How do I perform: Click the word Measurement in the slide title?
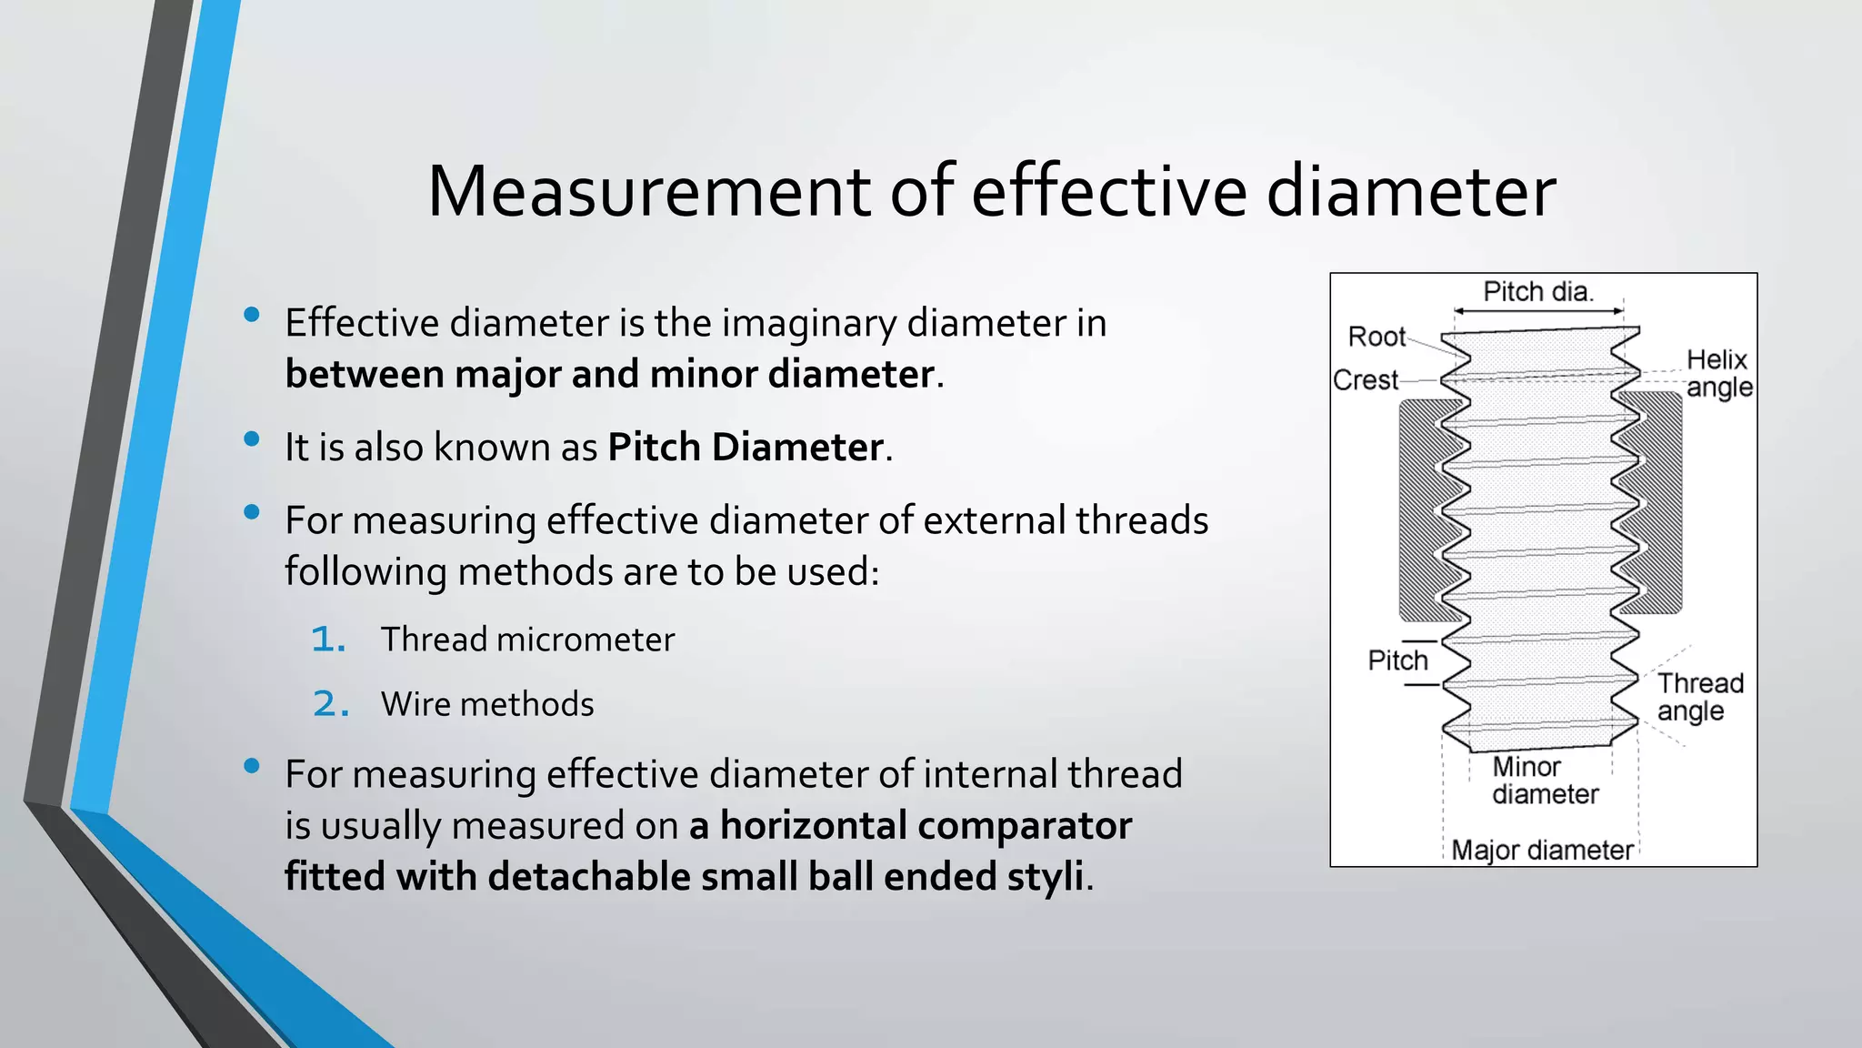coord(649,192)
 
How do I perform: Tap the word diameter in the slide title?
coord(1411,192)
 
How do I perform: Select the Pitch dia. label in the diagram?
coord(1538,292)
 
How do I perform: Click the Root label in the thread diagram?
coord(1376,337)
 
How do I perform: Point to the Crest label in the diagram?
coord(1366,380)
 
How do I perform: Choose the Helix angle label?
coord(1718,373)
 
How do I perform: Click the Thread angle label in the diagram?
coord(1699,697)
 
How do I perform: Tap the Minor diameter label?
coord(1545,781)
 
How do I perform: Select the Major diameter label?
coord(1542,851)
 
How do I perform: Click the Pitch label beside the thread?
coord(1397,660)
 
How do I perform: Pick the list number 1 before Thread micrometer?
coord(328,640)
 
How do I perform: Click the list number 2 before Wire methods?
coord(330,704)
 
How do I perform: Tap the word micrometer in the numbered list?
coord(586,640)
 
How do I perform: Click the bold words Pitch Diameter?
coord(746,448)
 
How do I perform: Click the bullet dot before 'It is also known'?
coord(253,439)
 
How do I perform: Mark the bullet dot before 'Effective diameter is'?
coord(253,315)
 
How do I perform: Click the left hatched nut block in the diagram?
coord(1418,509)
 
